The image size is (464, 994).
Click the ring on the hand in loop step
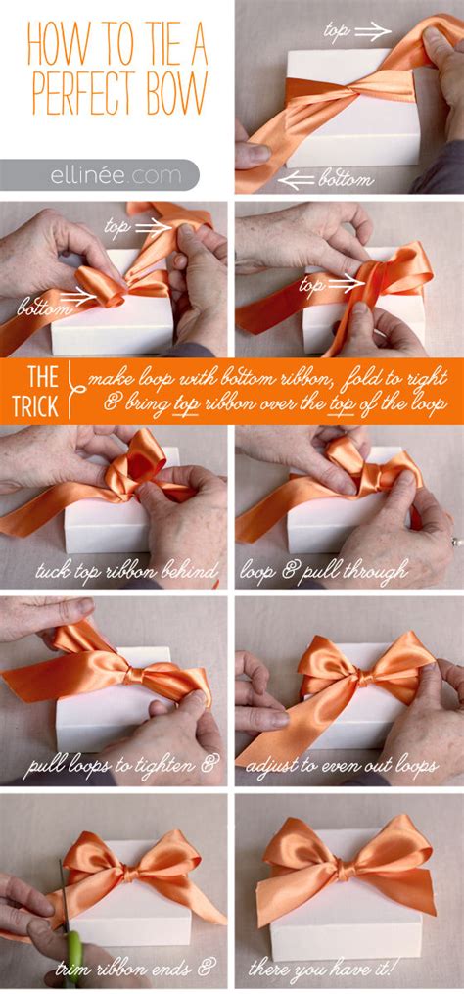pos(455,540)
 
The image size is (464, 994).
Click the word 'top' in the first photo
pos(337,32)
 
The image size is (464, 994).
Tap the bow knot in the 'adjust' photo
pos(361,677)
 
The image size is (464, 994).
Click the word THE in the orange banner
pos(41,375)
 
